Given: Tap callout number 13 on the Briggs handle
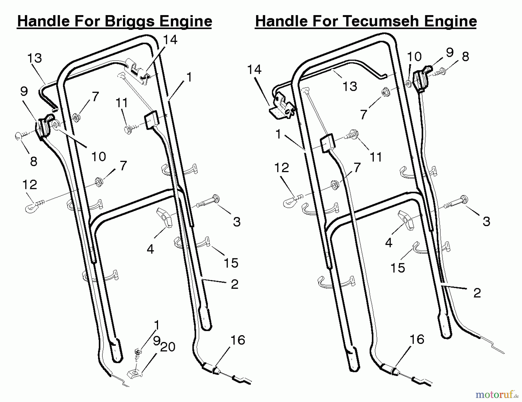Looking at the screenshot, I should click(x=35, y=58).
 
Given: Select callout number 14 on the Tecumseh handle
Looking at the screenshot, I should click(x=254, y=70).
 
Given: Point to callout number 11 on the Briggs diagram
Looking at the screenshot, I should click(x=122, y=103).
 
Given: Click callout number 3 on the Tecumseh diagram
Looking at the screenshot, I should click(x=486, y=221).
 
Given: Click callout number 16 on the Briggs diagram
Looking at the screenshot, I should click(x=238, y=340).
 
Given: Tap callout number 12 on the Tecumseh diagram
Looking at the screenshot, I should click(x=282, y=168).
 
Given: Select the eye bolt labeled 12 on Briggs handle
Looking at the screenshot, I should click(x=34, y=205).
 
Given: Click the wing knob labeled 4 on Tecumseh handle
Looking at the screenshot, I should click(x=406, y=220).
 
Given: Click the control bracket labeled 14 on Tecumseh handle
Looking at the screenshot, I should click(x=282, y=106).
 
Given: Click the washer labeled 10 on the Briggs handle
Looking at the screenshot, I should click(x=55, y=125).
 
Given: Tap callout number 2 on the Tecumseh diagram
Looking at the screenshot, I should click(x=477, y=293).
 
